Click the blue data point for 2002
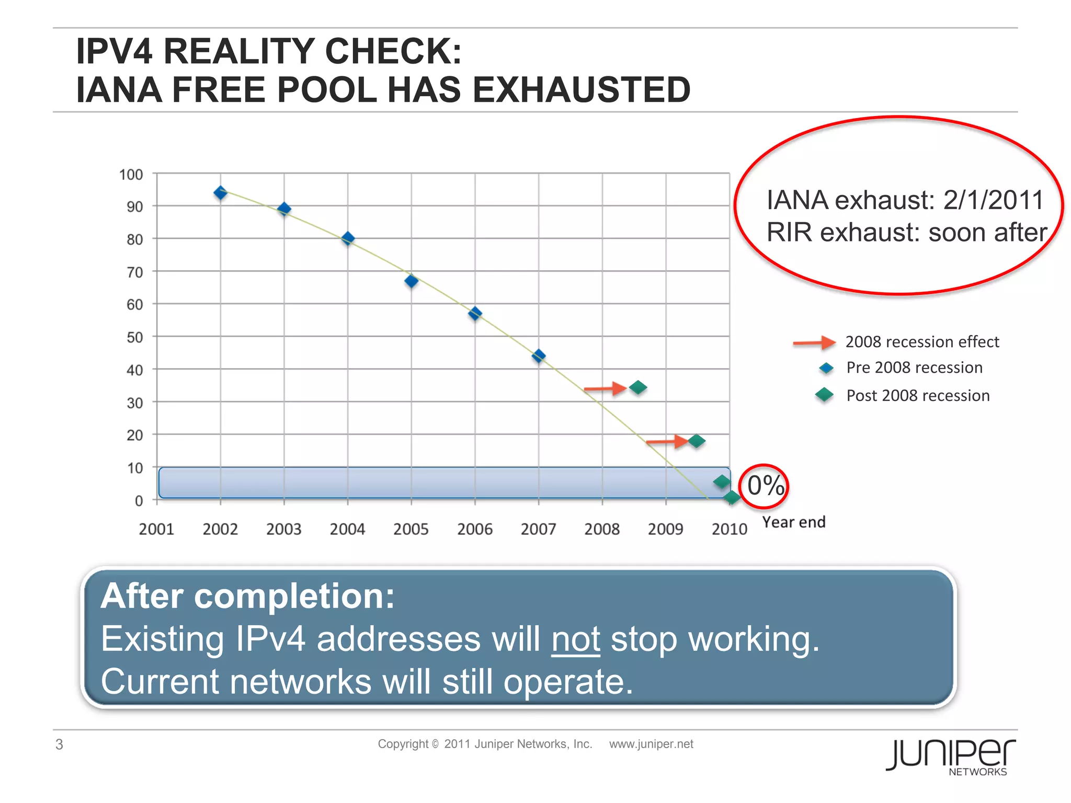click(x=221, y=193)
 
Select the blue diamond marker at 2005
click(x=412, y=281)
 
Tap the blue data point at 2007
click(x=539, y=357)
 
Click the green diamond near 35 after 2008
click(x=638, y=387)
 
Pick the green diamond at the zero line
click(x=732, y=498)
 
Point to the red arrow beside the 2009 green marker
click(x=667, y=442)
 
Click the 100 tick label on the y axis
click(x=131, y=175)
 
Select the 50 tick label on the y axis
click(x=134, y=337)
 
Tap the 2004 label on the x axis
click(x=347, y=529)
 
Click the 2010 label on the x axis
click(x=729, y=529)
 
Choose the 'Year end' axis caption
click(x=793, y=522)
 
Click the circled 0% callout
click(x=765, y=486)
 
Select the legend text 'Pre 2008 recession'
click(x=914, y=368)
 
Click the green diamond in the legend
click(x=825, y=395)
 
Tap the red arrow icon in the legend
click(x=814, y=342)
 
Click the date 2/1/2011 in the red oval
click(x=993, y=200)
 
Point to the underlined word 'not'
click(x=576, y=639)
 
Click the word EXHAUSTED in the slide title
click(x=582, y=89)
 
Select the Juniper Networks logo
click(x=951, y=756)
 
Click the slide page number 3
click(x=60, y=744)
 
